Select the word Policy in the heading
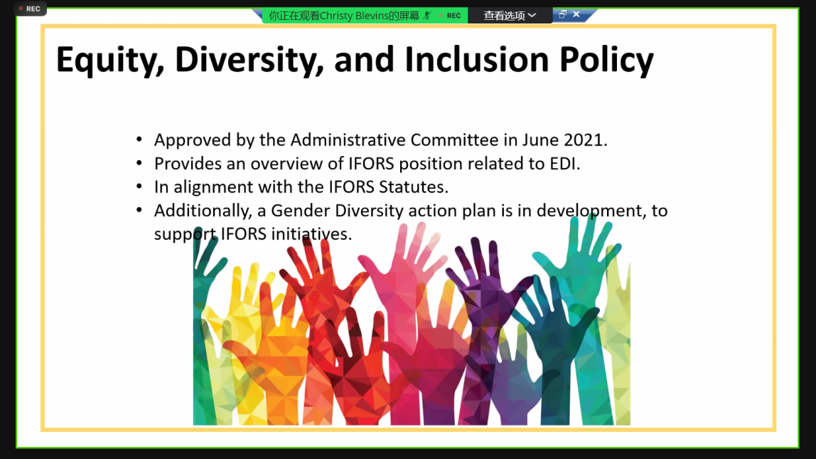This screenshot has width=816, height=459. pyautogui.click(x=606, y=60)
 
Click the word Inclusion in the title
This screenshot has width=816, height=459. pyautogui.click(x=477, y=59)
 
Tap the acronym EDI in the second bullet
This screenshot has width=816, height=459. pyautogui.click(x=564, y=164)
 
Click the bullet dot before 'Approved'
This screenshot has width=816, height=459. pyautogui.click(x=139, y=139)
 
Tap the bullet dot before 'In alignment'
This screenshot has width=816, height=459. pyautogui.click(x=139, y=186)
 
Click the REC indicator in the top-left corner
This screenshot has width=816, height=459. pyautogui.click(x=30, y=9)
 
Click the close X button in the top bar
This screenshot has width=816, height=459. pyautogui.click(x=576, y=14)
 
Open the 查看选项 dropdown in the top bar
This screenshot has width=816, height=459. pyautogui.click(x=510, y=16)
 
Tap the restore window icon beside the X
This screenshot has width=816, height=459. pyautogui.click(x=562, y=14)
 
